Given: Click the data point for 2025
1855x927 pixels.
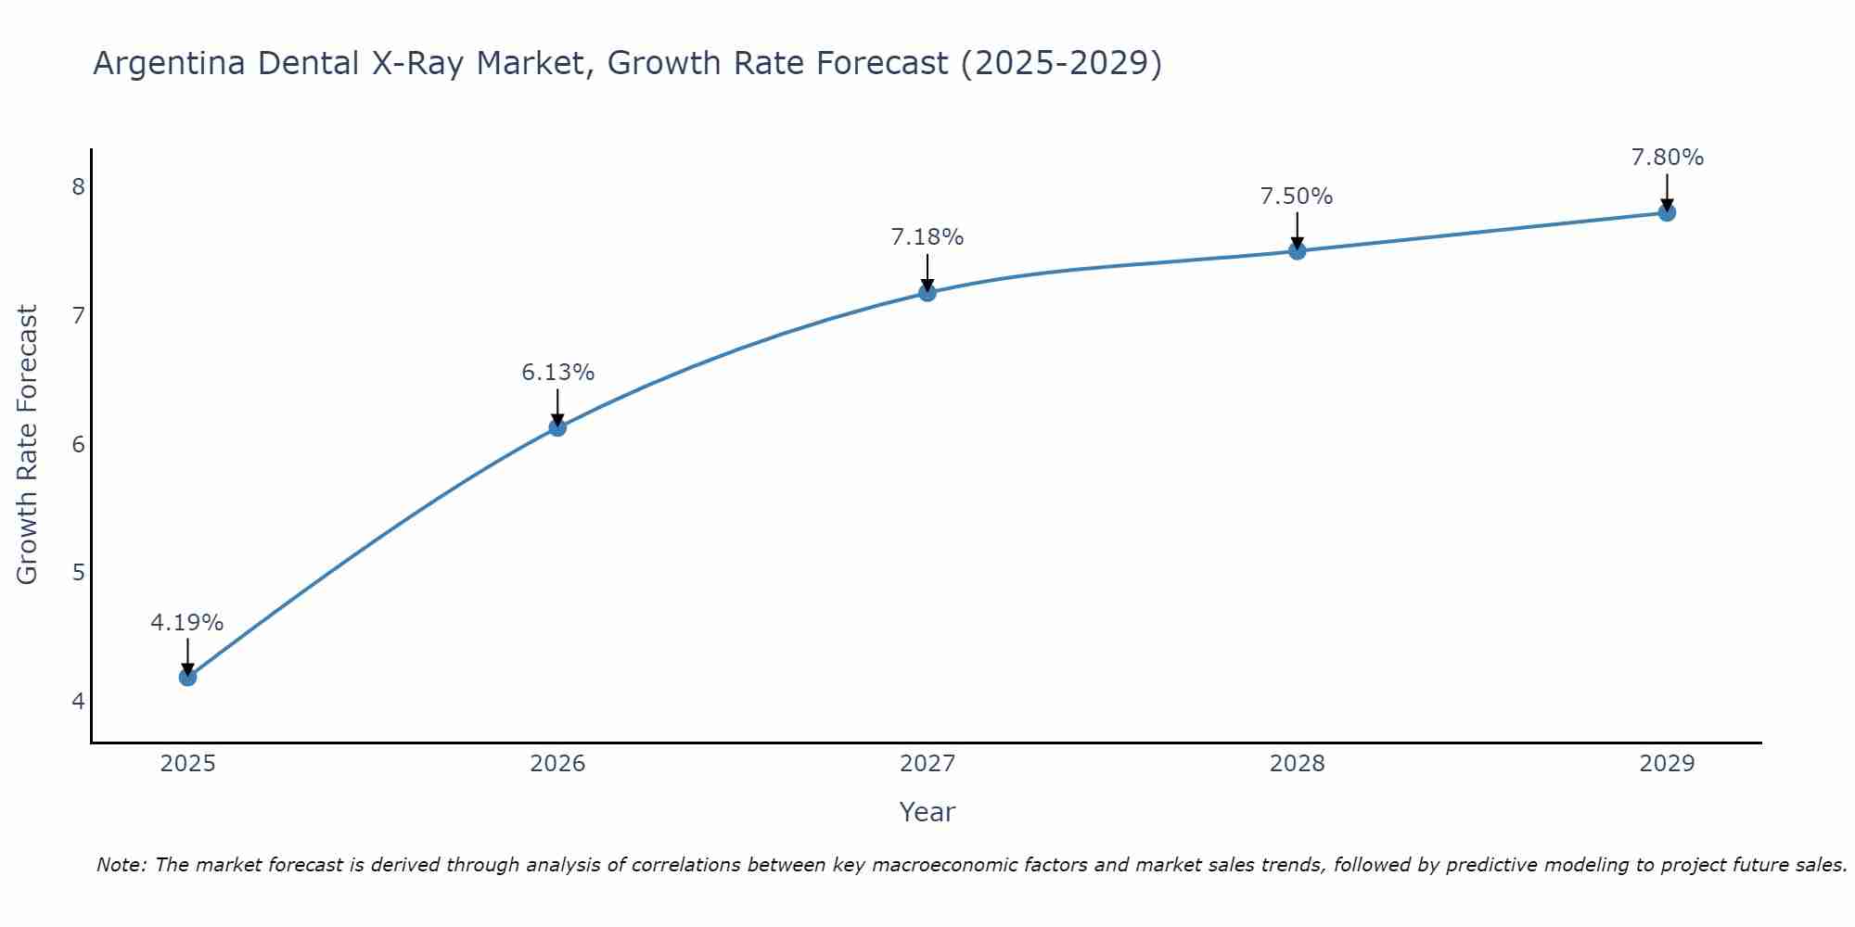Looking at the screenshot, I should click(x=187, y=678).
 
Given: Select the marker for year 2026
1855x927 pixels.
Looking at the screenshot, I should click(x=557, y=427).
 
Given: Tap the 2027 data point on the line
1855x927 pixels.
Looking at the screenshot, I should click(x=927, y=293).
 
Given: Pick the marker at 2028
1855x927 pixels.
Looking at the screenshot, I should click(x=1297, y=251).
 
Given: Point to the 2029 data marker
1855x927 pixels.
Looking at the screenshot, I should click(x=1667, y=212).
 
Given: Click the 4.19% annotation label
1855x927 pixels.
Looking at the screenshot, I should click(x=187, y=623).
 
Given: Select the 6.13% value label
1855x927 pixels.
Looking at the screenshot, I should click(x=557, y=373).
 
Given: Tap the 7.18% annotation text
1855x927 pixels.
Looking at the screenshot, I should click(x=927, y=237).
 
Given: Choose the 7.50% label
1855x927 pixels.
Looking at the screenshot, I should click(x=1297, y=197).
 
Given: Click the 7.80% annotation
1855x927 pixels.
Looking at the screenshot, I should click(x=1667, y=158).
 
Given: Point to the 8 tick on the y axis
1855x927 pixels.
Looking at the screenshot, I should click(x=78, y=187).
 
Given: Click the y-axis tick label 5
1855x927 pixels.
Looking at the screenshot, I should click(x=78, y=573).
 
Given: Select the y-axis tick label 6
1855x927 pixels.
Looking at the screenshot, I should click(x=78, y=444).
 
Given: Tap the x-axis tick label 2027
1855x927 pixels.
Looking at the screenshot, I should click(x=927, y=764).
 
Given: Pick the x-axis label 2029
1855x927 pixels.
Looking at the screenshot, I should click(x=1667, y=764).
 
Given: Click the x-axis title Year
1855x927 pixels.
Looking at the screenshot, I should click(x=927, y=812).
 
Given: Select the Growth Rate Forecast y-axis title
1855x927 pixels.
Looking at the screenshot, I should click(x=28, y=445).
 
